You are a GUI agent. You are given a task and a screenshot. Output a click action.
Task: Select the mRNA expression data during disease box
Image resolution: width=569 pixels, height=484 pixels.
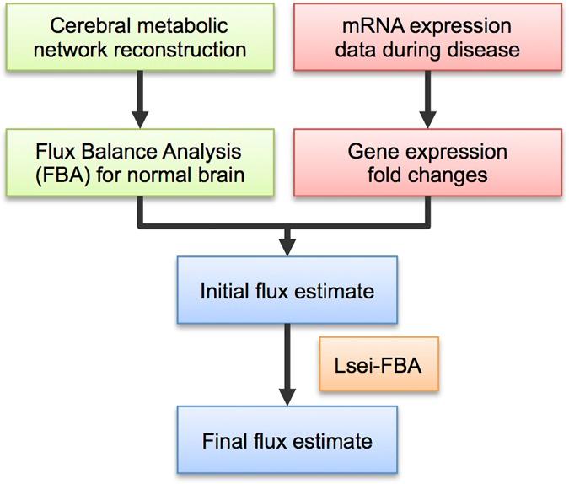coord(428,39)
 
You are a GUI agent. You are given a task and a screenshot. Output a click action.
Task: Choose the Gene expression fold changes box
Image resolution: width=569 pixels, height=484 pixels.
coord(428,164)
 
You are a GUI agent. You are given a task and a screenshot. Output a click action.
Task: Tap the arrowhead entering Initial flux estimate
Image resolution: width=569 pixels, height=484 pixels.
coord(288,246)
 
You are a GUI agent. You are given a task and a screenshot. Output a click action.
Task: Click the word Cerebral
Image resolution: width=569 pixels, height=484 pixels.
coord(75,26)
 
